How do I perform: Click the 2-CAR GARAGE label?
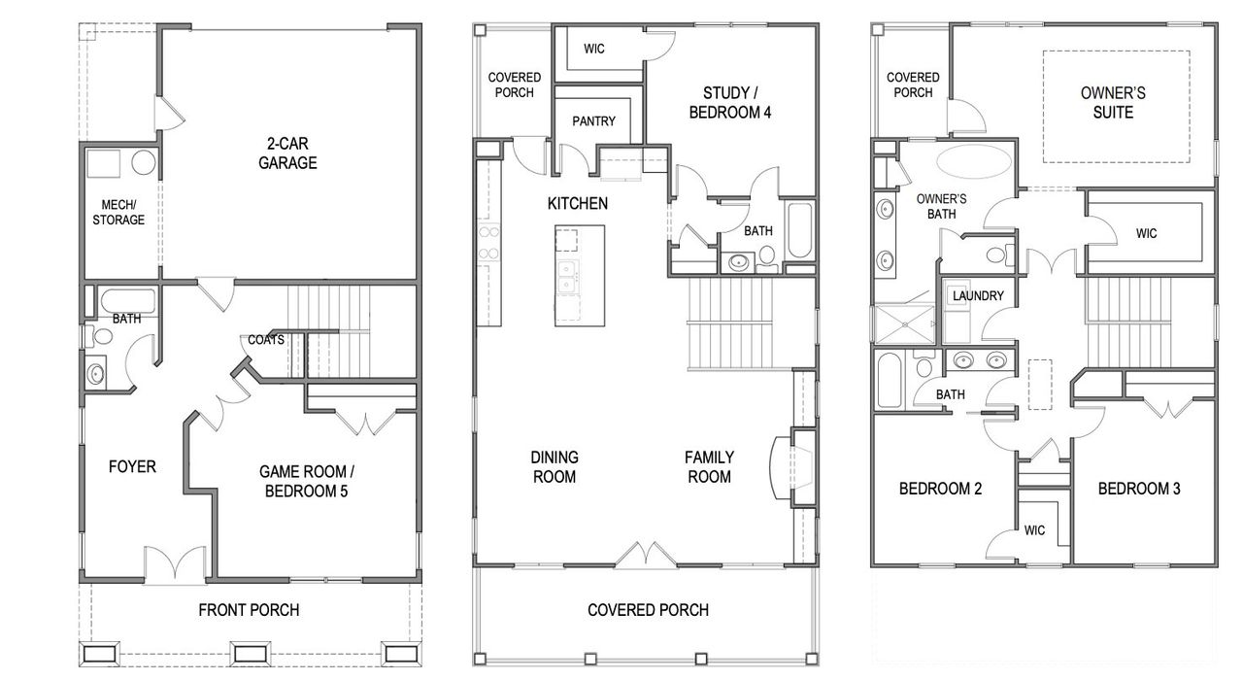click(287, 153)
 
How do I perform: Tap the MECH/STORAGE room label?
click(118, 212)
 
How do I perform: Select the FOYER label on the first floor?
click(132, 467)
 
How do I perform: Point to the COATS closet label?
click(266, 340)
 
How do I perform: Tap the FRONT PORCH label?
click(249, 610)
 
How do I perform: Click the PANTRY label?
click(595, 122)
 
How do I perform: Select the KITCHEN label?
click(578, 204)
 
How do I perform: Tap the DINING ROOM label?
click(554, 466)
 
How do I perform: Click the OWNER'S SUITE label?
click(1113, 103)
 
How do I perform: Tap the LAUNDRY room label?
click(978, 295)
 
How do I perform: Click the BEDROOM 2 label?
click(940, 489)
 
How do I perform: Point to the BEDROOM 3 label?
click(1139, 489)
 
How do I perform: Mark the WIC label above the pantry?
click(594, 49)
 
